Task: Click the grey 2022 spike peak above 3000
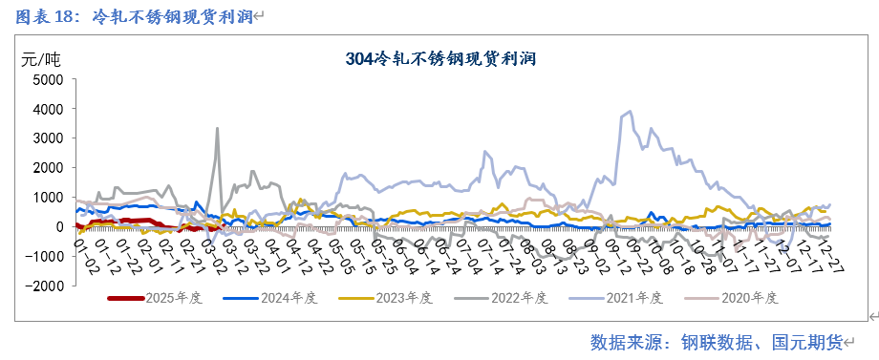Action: click(217, 128)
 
